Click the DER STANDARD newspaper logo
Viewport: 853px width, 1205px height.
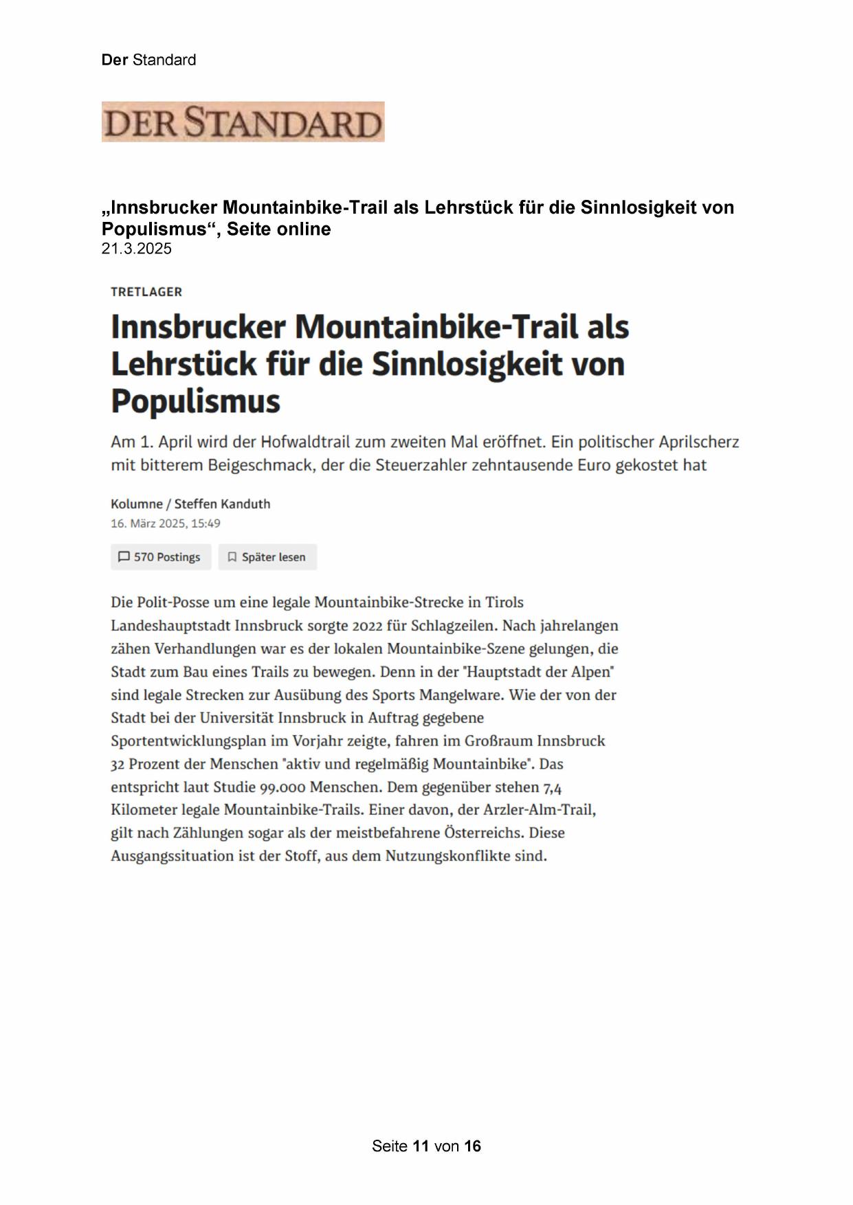point(243,122)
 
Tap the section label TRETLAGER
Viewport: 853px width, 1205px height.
point(146,292)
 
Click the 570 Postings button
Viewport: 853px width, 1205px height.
point(161,557)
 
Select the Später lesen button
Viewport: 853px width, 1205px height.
point(268,557)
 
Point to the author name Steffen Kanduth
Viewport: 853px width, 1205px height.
point(222,504)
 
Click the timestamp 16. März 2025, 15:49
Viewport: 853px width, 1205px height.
point(166,523)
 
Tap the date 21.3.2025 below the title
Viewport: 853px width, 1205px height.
point(137,249)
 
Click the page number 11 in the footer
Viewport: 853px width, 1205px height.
point(421,1146)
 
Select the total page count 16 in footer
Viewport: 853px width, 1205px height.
point(472,1146)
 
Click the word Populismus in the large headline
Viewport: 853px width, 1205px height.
point(196,401)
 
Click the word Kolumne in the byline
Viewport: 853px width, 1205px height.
point(136,504)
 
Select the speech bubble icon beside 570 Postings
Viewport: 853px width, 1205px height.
point(124,557)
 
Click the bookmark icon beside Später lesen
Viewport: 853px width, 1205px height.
point(232,557)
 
